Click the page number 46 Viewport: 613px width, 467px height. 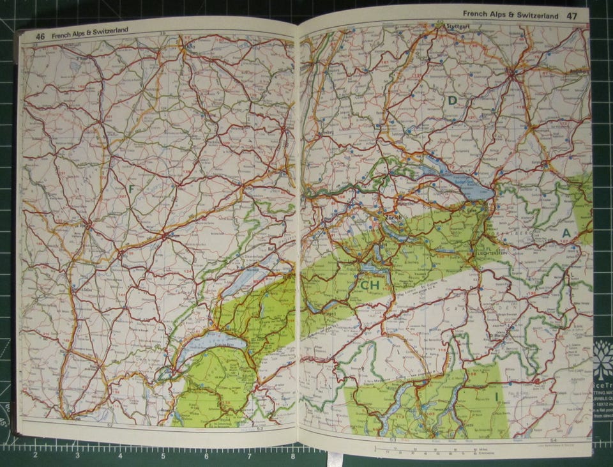[x=40, y=36]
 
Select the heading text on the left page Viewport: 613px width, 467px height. [x=90, y=32]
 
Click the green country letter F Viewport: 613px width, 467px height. [x=132, y=188]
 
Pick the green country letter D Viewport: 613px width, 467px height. [x=452, y=100]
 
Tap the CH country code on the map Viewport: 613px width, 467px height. [x=370, y=285]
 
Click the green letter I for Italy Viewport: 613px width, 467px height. [x=496, y=397]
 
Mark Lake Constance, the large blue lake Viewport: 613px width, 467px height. [x=457, y=180]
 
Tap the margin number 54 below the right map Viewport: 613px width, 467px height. [x=553, y=441]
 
